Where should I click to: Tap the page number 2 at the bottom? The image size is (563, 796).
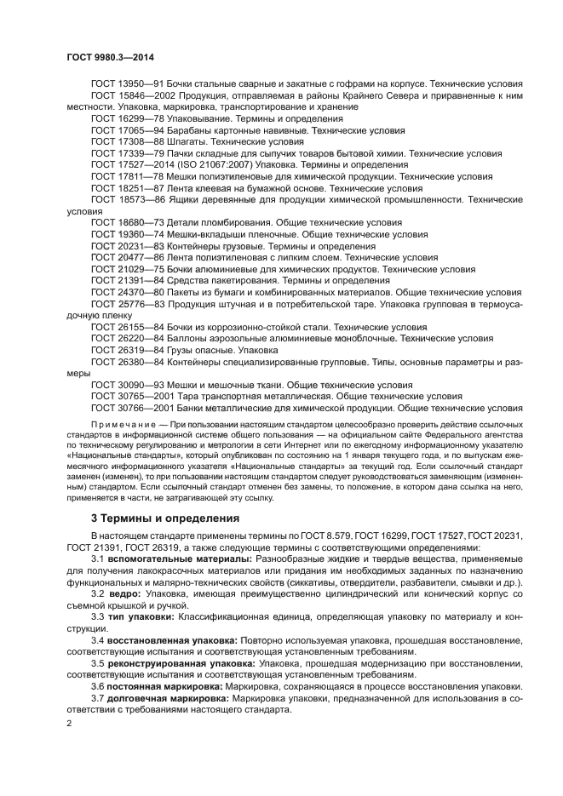click(69, 723)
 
